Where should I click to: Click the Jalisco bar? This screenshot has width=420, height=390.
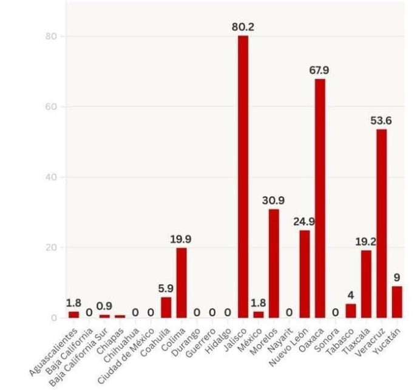(243, 176)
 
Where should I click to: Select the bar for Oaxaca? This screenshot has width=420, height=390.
(320, 198)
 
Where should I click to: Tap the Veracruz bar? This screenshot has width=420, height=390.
(381, 223)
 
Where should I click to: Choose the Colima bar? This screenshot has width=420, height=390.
(181, 282)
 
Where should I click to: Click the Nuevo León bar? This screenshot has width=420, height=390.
(305, 273)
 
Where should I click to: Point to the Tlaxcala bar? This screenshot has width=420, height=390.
(366, 284)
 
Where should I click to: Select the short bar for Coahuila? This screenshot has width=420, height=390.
(166, 307)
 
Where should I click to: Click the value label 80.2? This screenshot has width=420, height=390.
(243, 27)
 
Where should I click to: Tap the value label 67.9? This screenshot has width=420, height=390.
(320, 70)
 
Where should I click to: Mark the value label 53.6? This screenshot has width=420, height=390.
(381, 120)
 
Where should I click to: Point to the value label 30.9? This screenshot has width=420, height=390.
(274, 200)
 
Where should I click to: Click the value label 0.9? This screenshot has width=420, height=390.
(104, 306)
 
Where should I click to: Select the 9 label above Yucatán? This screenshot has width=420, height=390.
(397, 278)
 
